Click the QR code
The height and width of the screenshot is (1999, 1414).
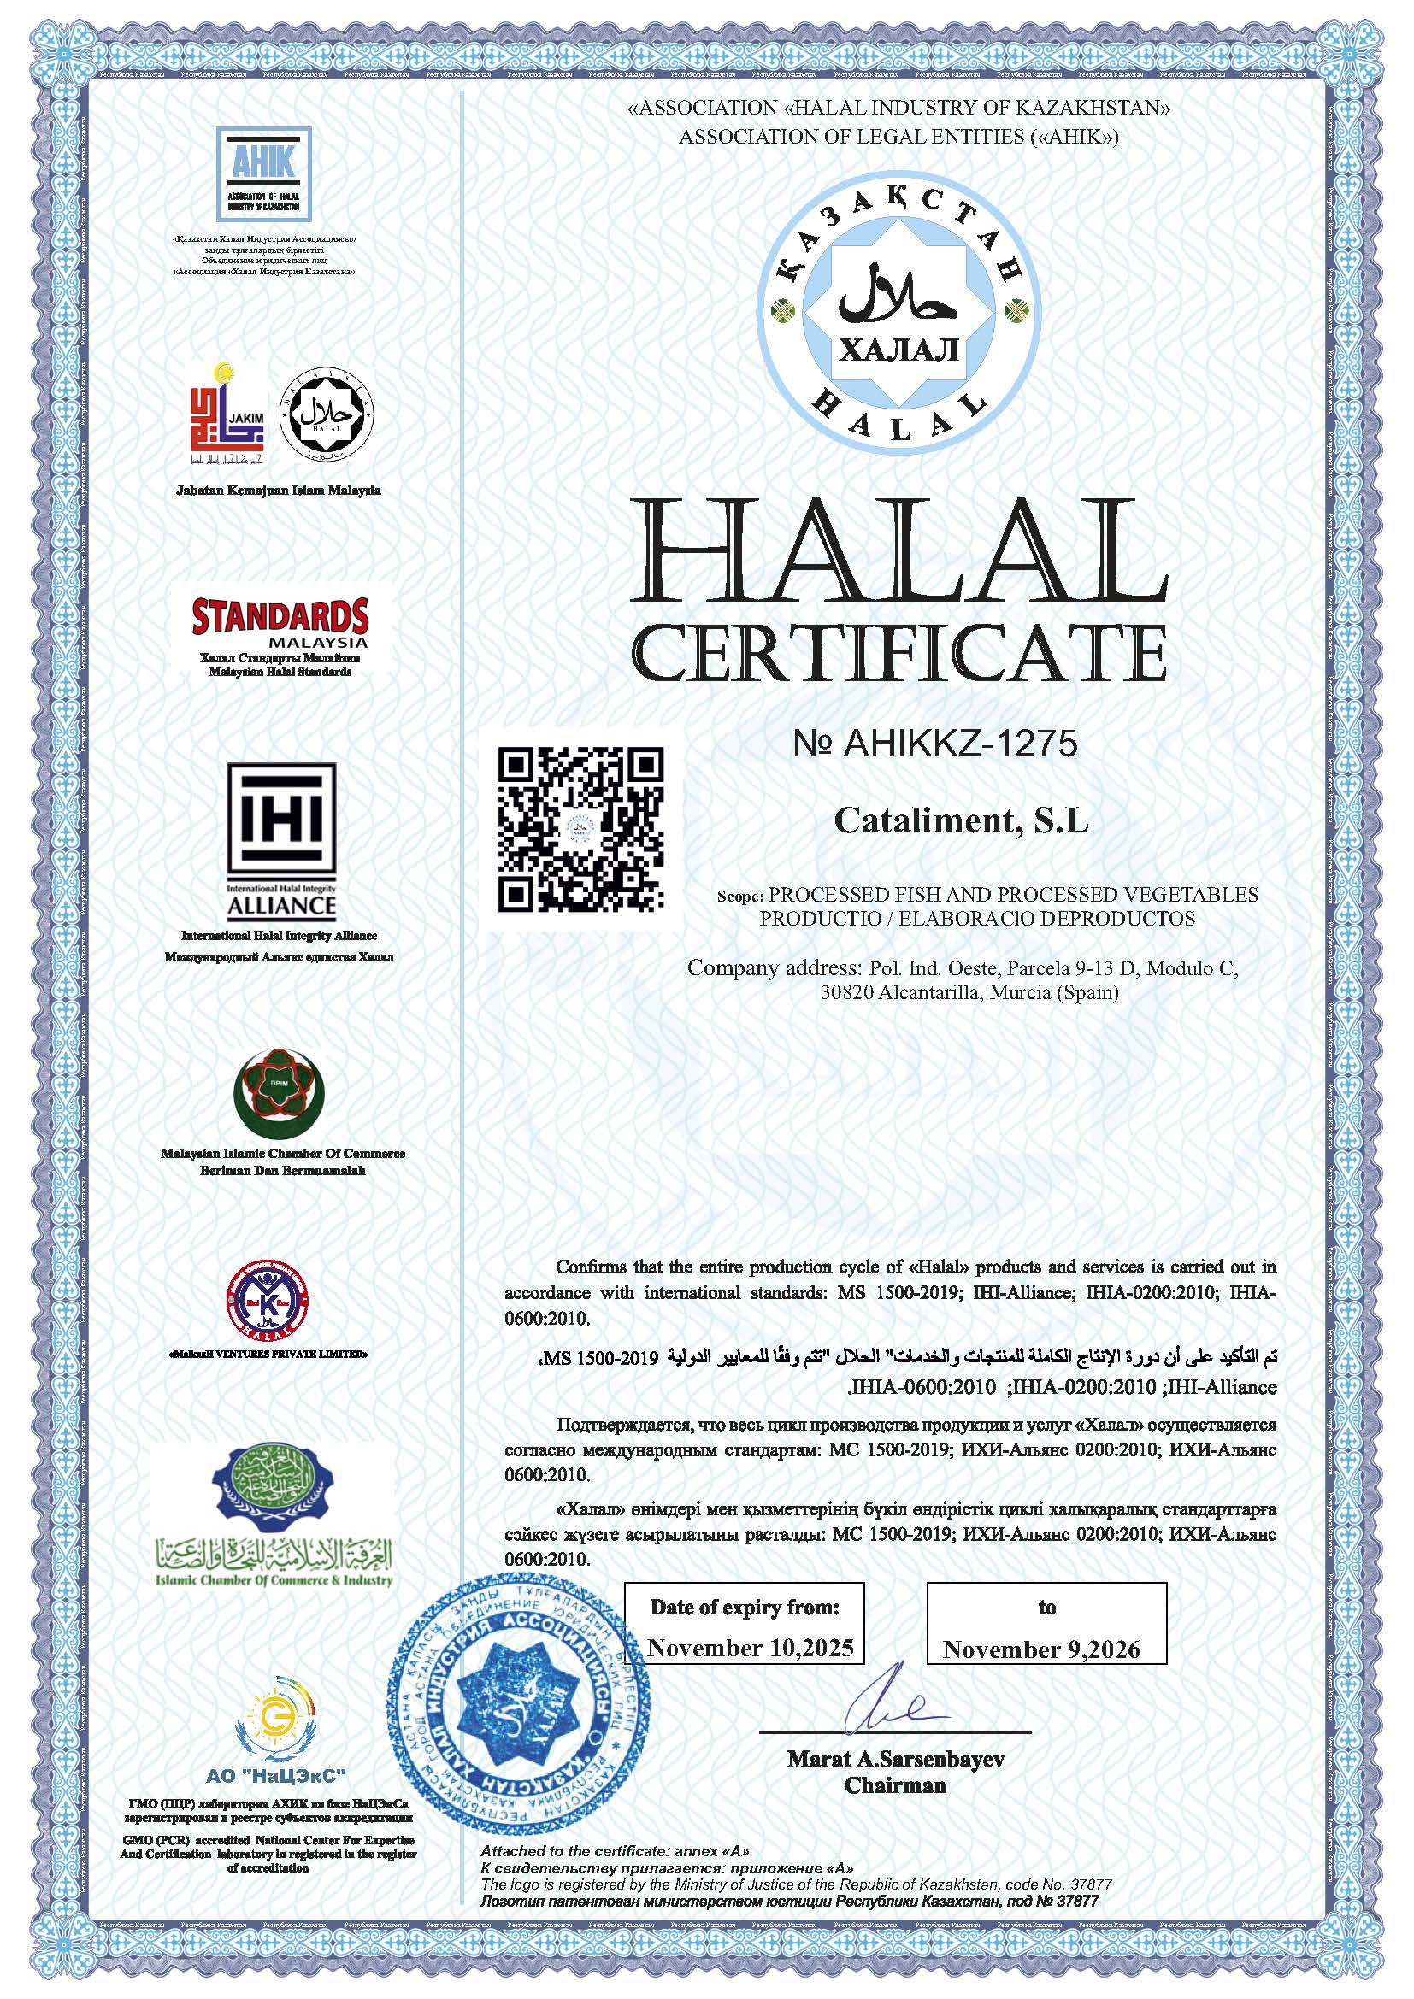tap(580, 828)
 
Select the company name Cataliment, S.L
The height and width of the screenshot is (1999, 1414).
tap(961, 821)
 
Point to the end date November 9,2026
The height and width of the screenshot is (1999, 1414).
tap(1041, 1649)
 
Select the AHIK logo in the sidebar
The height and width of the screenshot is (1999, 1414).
tap(264, 175)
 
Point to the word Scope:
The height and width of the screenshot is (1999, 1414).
tap(739, 896)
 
